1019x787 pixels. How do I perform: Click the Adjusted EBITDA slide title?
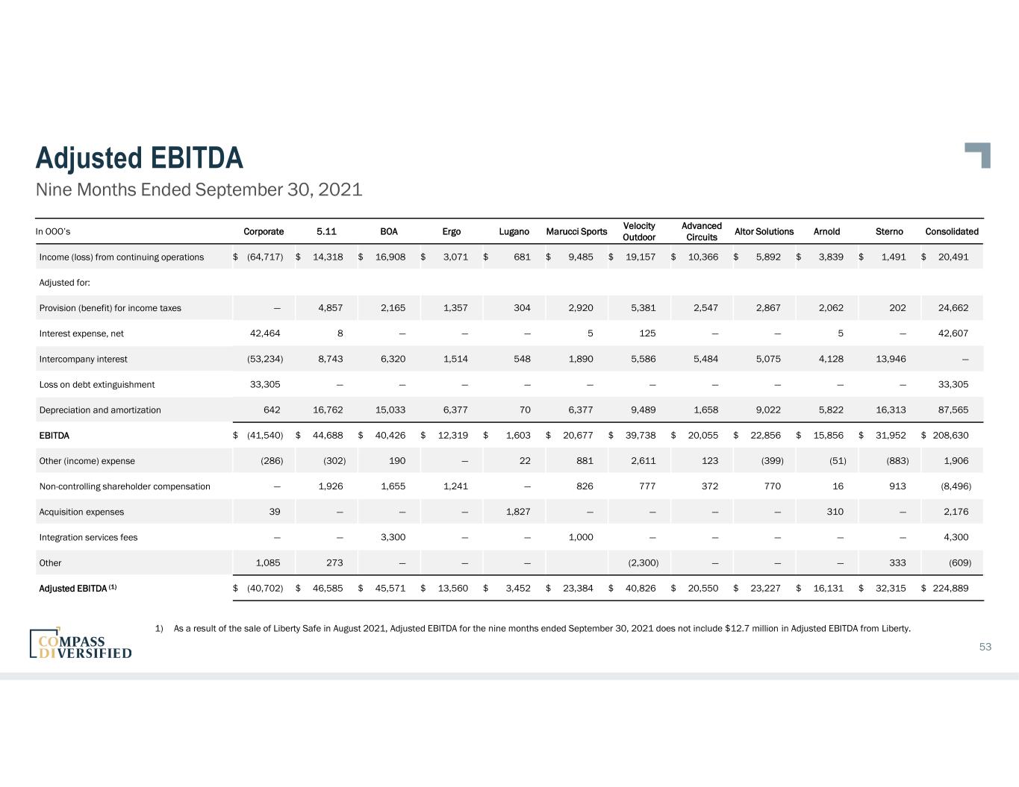[140, 158]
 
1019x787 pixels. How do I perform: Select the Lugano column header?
[514, 231]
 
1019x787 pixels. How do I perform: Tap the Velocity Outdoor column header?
[639, 231]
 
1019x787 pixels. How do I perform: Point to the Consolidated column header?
[951, 231]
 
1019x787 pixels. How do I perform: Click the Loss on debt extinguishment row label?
[97, 385]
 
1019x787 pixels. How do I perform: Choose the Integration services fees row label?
[88, 537]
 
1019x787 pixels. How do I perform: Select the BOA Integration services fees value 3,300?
[393, 537]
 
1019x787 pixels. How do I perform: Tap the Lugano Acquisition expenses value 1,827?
[518, 512]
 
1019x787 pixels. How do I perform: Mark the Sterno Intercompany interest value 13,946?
[890, 359]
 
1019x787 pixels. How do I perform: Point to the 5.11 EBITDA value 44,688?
[328, 436]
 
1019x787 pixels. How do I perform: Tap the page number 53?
[985, 647]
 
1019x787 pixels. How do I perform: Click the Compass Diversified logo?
[81, 643]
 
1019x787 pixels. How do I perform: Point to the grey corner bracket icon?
[978, 154]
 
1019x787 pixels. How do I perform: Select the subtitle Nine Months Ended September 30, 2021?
[199, 189]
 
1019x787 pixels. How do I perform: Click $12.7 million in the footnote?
[753, 628]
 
